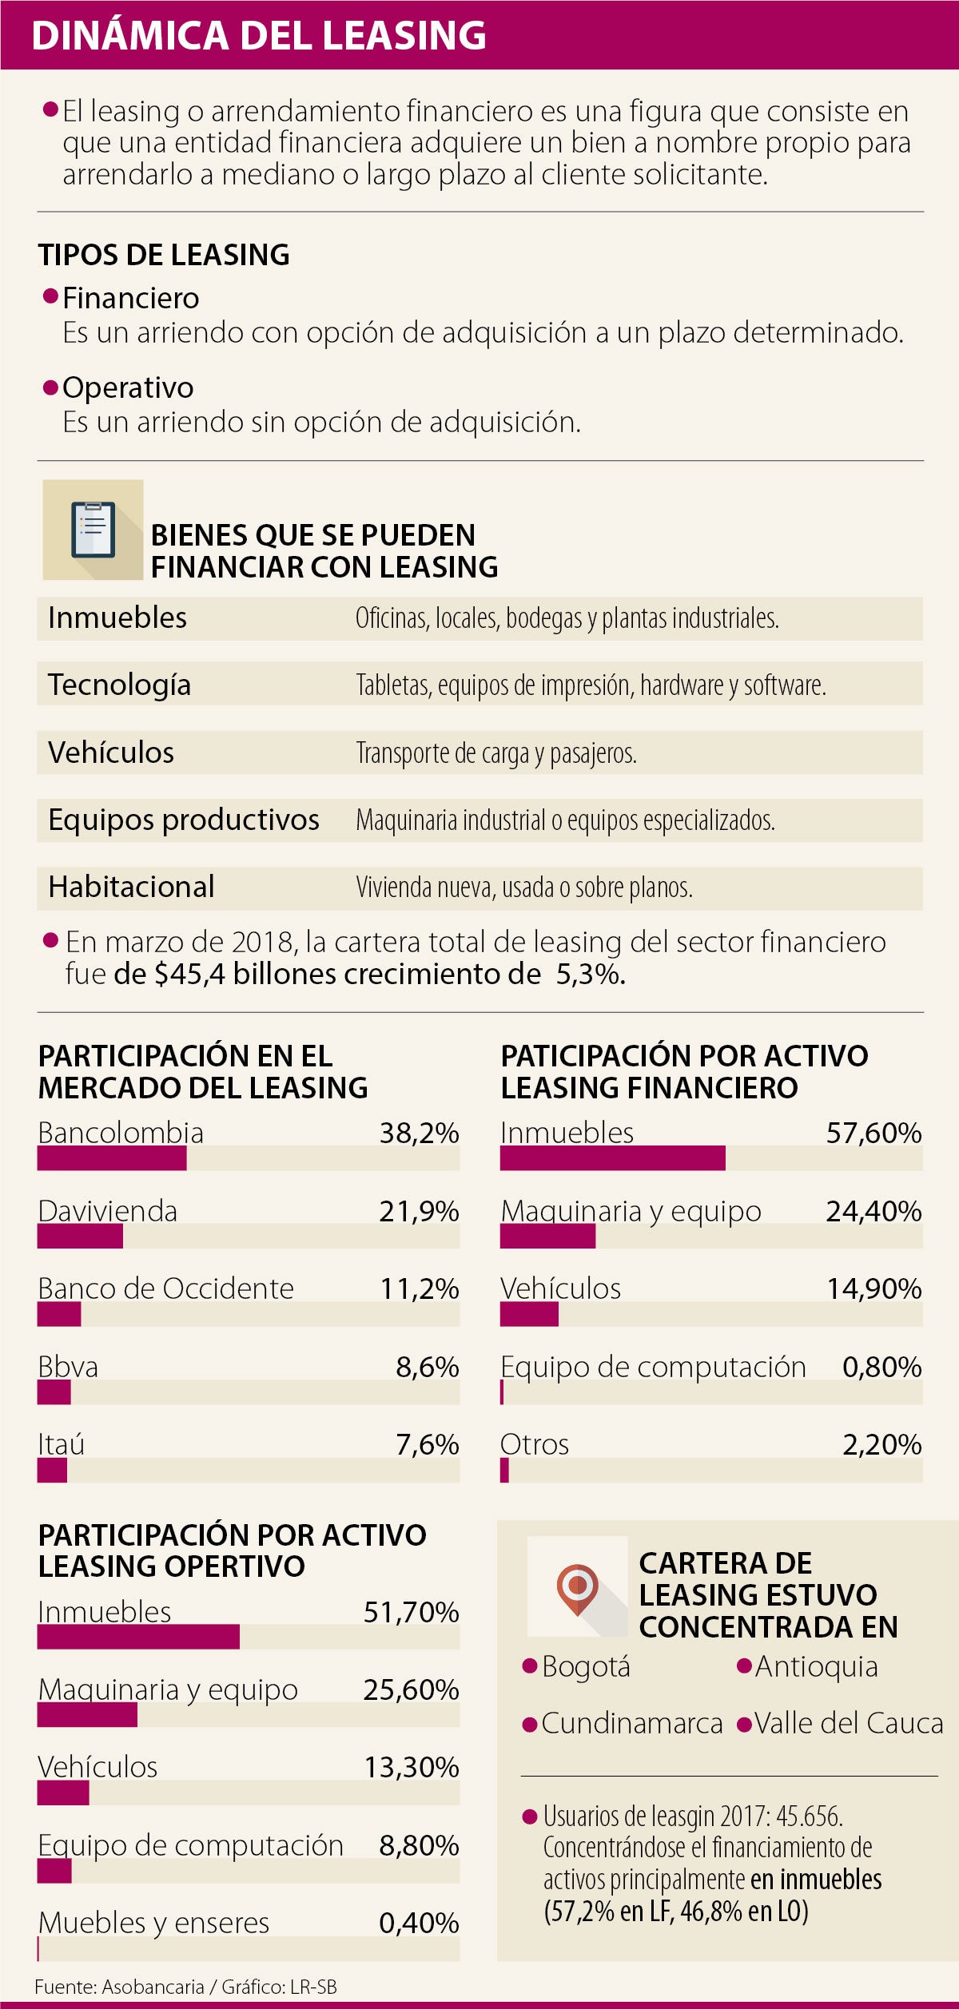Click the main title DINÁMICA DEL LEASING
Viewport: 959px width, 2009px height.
point(258,36)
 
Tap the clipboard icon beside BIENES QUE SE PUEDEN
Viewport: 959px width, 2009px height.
point(93,530)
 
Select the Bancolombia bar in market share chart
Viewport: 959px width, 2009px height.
point(112,1158)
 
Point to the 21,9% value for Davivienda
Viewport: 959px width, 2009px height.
point(419,1211)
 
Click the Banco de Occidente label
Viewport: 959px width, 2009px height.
point(165,1288)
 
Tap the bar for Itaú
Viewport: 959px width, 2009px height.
point(52,1470)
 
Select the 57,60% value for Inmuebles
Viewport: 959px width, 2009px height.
point(873,1133)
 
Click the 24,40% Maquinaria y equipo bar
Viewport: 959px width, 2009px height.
point(547,1236)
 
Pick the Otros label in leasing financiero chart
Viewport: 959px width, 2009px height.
point(535,1444)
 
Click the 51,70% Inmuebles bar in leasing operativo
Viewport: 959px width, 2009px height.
point(138,1637)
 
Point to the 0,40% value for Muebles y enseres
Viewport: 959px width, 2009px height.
point(419,1923)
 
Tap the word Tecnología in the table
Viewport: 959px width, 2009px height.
point(119,685)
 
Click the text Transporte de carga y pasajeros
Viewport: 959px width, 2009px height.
point(495,752)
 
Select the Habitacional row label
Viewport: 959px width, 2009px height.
point(131,887)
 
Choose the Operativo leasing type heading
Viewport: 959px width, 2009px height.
point(128,387)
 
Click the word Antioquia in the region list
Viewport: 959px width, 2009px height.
point(816,1666)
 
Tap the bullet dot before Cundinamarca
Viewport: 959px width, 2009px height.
point(528,1725)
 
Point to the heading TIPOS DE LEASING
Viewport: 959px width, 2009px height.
point(164,255)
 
